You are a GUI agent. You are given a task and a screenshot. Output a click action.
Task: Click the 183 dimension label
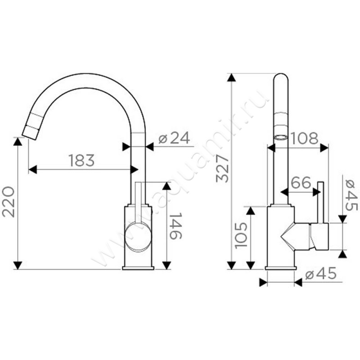pyautogui.click(x=82, y=160)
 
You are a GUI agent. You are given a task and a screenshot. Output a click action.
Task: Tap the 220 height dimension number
pyautogui.click(x=9, y=202)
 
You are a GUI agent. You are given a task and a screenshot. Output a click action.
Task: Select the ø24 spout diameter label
pyautogui.click(x=175, y=138)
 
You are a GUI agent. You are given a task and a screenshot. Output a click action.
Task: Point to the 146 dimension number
pyautogui.click(x=175, y=226)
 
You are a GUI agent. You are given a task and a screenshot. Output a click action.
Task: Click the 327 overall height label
pyautogui.click(x=222, y=169)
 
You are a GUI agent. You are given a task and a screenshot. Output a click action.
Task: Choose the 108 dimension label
pyautogui.click(x=305, y=138)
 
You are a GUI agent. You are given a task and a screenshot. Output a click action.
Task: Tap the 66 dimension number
pyautogui.click(x=301, y=183)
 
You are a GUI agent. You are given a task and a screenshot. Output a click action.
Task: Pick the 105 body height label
pyautogui.click(x=241, y=235)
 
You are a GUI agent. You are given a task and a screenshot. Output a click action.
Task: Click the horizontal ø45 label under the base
pyautogui.click(x=321, y=274)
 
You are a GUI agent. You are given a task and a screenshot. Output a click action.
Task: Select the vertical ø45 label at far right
pyautogui.click(x=351, y=195)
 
